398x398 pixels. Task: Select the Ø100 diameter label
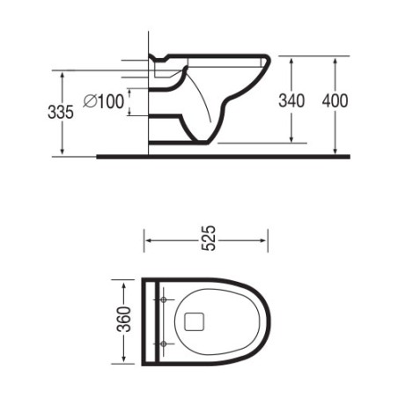pyautogui.click(x=103, y=101)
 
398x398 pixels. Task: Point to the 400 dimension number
pyautogui.click(x=335, y=101)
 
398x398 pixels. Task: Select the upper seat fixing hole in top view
pyautogui.click(x=164, y=300)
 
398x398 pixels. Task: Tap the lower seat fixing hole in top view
pyautogui.click(x=164, y=342)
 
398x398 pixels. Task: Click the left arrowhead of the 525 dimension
pyautogui.click(x=147, y=239)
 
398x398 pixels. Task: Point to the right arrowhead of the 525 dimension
pyautogui.click(x=266, y=239)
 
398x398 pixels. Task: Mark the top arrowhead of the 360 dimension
pyautogui.click(x=123, y=284)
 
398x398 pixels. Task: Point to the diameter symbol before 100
pyautogui.click(x=88, y=101)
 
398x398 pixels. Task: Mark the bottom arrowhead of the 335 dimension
pyautogui.click(x=63, y=152)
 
